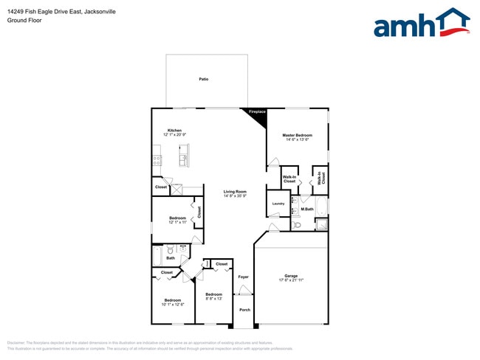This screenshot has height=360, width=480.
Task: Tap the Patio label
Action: coord(203,79)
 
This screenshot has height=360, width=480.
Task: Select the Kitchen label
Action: coord(174,131)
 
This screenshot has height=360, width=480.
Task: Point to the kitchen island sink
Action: coord(183,156)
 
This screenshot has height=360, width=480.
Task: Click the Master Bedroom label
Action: coord(297,136)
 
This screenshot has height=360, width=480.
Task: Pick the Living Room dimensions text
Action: coord(236,196)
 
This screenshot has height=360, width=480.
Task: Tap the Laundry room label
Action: coord(278,204)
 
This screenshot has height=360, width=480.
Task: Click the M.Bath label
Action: coord(307,210)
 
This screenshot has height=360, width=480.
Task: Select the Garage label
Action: coord(291,277)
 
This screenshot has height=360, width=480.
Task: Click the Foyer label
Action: coord(243,277)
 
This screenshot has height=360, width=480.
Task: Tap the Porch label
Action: coord(244,310)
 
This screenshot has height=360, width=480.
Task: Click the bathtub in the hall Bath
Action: coord(157,255)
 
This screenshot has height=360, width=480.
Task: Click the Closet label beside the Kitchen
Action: coord(161,187)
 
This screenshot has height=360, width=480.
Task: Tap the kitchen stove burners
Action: coord(157,159)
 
